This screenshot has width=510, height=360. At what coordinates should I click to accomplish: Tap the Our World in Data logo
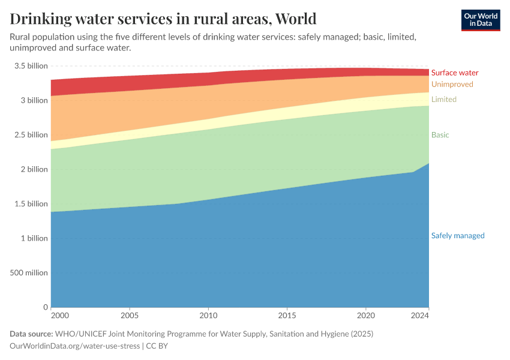(x=480, y=20)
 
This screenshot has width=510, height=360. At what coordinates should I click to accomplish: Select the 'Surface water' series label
(x=454, y=73)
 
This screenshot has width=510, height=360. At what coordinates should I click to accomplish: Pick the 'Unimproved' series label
(x=452, y=85)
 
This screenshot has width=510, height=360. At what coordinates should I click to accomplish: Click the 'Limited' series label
(x=443, y=100)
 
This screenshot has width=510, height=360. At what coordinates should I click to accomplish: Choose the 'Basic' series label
(x=440, y=135)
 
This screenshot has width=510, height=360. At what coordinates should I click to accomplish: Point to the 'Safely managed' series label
(x=457, y=236)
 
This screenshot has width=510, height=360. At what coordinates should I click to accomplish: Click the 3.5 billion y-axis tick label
(x=31, y=66)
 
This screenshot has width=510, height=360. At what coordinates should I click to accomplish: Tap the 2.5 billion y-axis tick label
(x=31, y=135)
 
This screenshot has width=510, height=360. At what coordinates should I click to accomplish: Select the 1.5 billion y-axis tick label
(x=31, y=204)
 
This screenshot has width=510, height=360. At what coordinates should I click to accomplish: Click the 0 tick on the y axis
(x=45, y=307)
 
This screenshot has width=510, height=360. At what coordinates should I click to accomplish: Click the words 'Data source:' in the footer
(x=31, y=334)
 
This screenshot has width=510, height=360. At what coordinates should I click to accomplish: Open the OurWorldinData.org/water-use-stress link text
(x=74, y=346)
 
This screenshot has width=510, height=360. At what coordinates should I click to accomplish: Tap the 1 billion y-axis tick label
(x=34, y=238)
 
